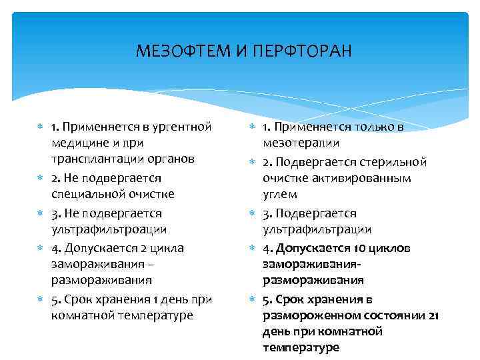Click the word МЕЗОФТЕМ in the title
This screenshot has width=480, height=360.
181,51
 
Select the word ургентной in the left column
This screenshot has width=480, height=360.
184,126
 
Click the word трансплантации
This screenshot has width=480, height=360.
101,159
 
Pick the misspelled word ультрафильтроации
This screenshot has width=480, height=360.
109,229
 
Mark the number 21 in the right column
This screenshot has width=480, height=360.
433,315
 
